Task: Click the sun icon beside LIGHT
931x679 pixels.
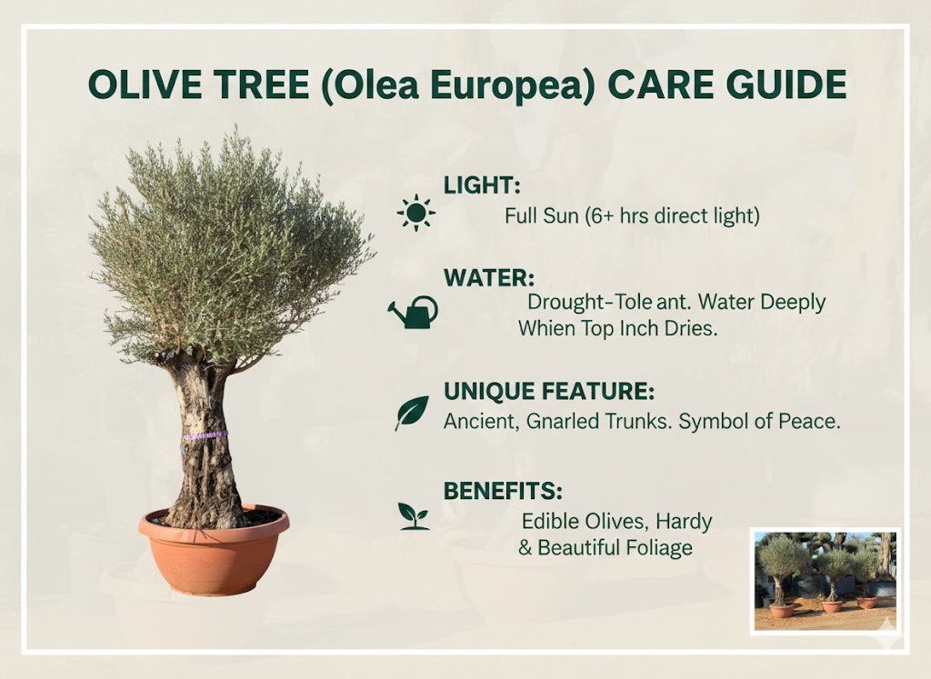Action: pyautogui.click(x=416, y=212)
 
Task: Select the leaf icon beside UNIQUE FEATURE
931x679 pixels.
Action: pyautogui.click(x=411, y=413)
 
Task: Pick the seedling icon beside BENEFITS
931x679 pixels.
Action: pyautogui.click(x=414, y=515)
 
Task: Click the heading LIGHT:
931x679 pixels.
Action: pyautogui.click(x=481, y=185)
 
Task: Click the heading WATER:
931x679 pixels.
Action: pyautogui.click(x=488, y=276)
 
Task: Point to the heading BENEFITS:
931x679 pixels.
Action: pyautogui.click(x=503, y=491)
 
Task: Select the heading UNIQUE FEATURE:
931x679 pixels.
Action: pyautogui.click(x=548, y=392)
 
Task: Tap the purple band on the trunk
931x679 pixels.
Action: pyautogui.click(x=205, y=436)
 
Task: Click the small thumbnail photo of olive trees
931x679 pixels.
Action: pyautogui.click(x=826, y=580)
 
